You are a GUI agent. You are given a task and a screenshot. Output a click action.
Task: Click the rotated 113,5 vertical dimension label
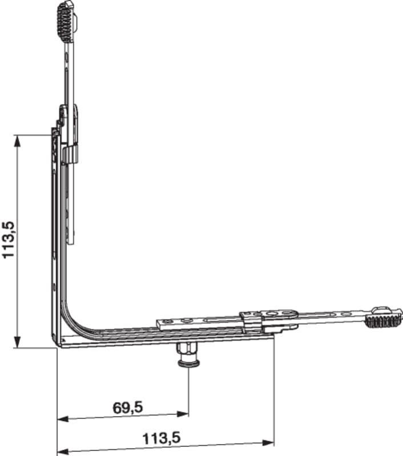coord(8,239)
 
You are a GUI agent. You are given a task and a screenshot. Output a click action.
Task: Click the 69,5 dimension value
coord(127,408)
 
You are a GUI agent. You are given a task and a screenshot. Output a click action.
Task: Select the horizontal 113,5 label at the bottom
coord(162,438)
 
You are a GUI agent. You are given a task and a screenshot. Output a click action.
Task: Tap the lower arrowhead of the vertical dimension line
coord(18,341)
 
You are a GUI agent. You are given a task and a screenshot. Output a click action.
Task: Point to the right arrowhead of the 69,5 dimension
coord(183,414)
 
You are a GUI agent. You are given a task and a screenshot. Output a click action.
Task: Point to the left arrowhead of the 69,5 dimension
coord(63,419)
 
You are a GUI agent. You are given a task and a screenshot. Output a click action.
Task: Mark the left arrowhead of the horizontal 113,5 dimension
coord(63,452)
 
